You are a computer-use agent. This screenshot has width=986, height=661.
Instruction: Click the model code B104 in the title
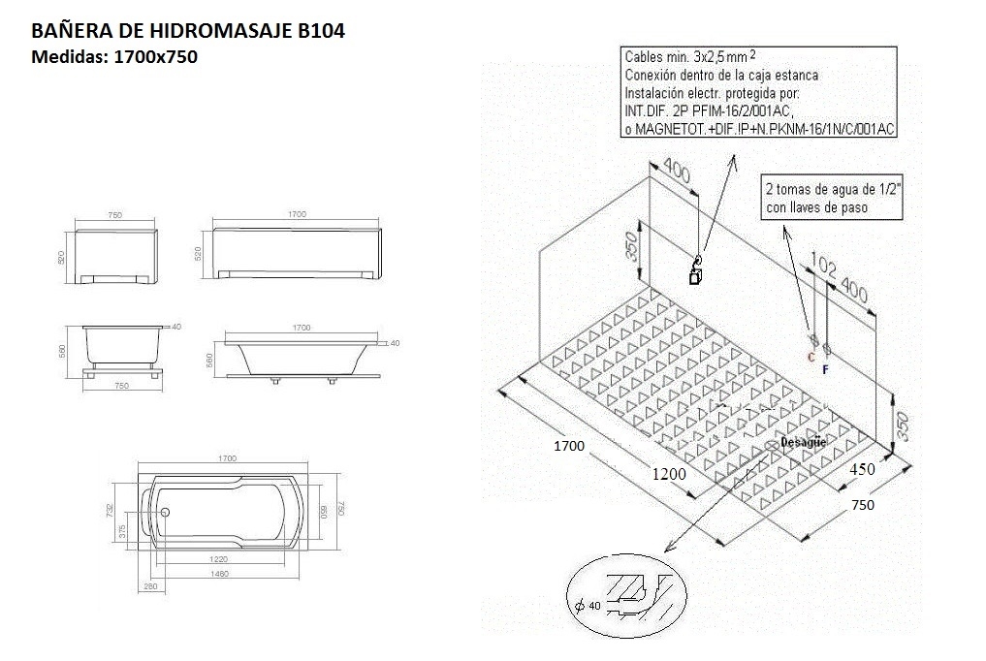(x=319, y=31)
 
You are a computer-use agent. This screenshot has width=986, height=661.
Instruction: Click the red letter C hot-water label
(x=811, y=357)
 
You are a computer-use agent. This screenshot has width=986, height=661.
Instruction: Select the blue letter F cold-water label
(x=825, y=368)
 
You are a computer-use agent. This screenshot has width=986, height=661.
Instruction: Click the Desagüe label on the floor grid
(x=803, y=442)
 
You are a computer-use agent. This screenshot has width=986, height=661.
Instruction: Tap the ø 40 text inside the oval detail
(x=589, y=606)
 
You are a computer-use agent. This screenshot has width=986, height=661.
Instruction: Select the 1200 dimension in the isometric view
(x=669, y=474)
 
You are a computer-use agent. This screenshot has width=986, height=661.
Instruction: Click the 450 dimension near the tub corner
(x=862, y=468)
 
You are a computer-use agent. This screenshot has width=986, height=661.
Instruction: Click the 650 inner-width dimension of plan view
(x=326, y=511)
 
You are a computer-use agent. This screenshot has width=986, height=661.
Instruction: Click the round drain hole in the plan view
(x=165, y=514)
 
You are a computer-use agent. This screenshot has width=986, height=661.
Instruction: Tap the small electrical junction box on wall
(x=695, y=277)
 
